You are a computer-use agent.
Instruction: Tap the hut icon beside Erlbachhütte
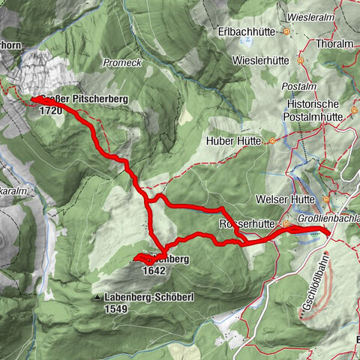point(286,32)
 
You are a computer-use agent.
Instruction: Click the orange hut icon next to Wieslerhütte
point(300,59)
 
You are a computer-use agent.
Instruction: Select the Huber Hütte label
point(235,140)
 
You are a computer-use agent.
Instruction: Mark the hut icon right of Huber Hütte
point(272,140)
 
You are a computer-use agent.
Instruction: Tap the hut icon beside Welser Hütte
point(326,199)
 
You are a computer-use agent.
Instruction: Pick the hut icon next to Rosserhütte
point(286,223)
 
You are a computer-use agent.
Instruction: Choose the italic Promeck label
point(121,62)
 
